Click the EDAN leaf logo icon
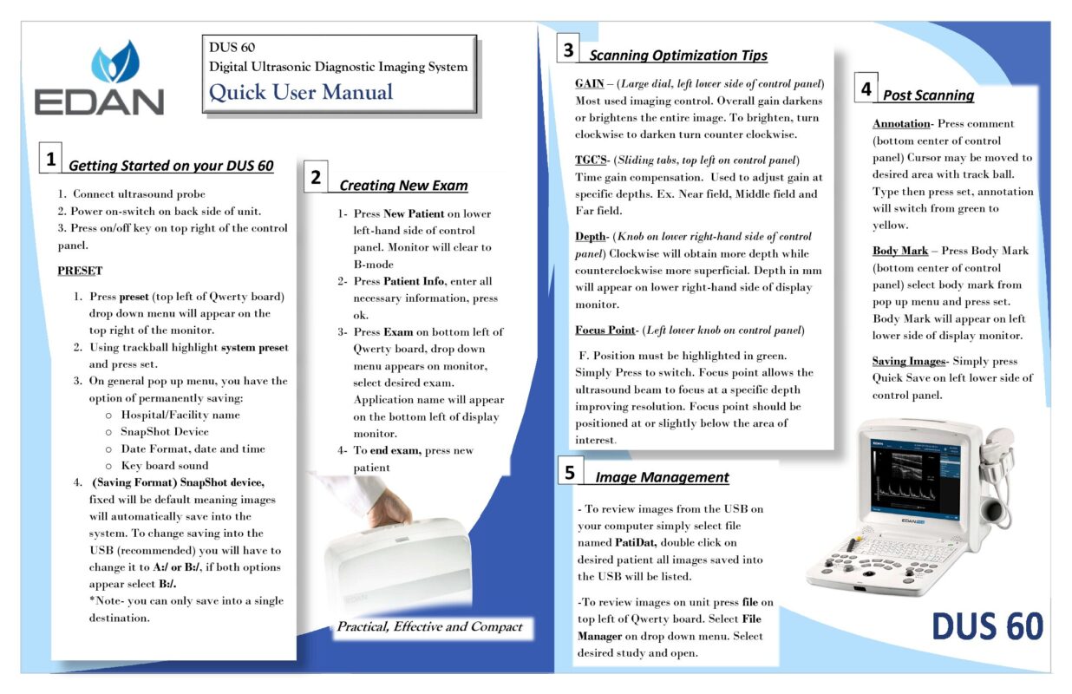[x=115, y=62]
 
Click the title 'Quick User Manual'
[x=301, y=92]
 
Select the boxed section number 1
[x=52, y=160]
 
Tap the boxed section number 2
[x=316, y=178]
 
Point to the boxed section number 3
[x=568, y=49]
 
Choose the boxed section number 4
[x=866, y=88]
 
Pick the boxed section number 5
[x=569, y=472]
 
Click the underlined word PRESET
[x=80, y=271]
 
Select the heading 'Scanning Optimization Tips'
[x=678, y=56]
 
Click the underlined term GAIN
[x=590, y=83]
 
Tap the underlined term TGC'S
[x=591, y=160]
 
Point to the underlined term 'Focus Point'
[x=605, y=330]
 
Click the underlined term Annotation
[x=900, y=124]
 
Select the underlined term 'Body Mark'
[x=900, y=251]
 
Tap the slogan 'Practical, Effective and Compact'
[x=429, y=626]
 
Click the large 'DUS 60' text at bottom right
[x=987, y=626]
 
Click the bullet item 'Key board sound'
[x=165, y=465]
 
